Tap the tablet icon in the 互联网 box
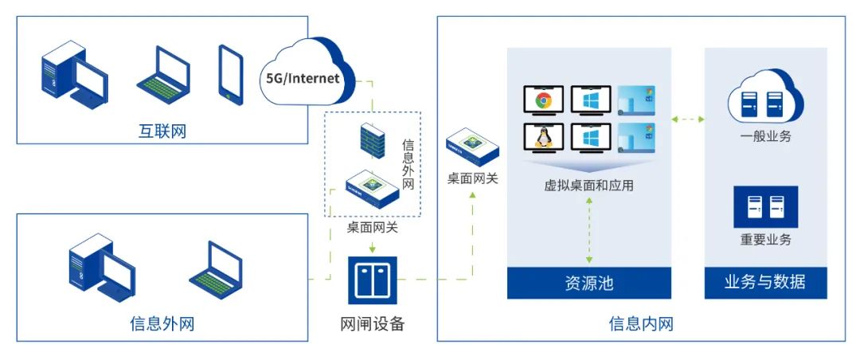(230, 74)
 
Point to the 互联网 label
(162, 131)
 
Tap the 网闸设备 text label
(372, 324)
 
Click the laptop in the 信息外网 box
(215, 264)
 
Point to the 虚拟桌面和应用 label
(588, 186)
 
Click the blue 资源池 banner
(588, 283)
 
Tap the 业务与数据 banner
(764, 282)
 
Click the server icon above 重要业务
(764, 206)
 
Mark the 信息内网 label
(641, 324)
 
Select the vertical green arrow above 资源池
(589, 231)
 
